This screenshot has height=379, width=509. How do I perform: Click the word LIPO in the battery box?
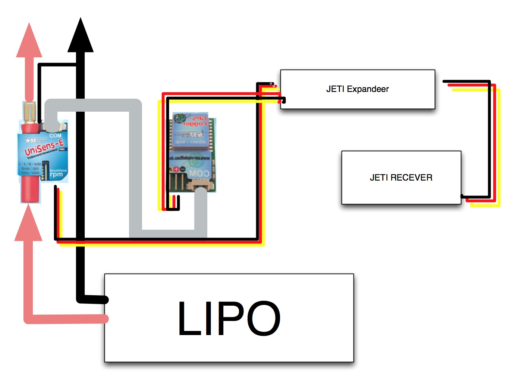click(x=229, y=319)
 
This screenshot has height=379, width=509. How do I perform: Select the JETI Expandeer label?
click(x=357, y=89)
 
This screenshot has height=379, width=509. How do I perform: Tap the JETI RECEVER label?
click(x=401, y=178)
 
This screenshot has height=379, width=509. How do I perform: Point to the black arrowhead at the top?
click(x=80, y=37)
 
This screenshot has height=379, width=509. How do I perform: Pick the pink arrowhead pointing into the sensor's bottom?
click(x=28, y=224)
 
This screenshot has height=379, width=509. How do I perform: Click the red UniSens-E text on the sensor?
click(x=44, y=147)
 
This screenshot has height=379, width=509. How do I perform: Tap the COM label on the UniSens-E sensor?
click(x=55, y=136)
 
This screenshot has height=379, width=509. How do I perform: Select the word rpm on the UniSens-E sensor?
click(x=57, y=175)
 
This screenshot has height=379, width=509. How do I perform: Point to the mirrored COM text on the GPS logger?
click(x=199, y=173)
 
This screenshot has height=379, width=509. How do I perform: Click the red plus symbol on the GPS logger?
click(x=176, y=169)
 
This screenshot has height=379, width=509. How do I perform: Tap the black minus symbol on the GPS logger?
click(x=183, y=169)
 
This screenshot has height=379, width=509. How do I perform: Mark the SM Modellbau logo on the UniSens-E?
click(x=36, y=140)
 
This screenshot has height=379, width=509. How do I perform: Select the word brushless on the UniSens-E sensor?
click(x=58, y=170)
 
